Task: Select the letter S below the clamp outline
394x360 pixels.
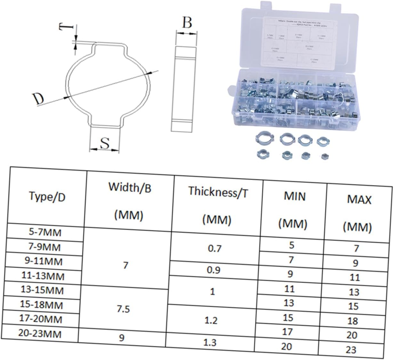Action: pyautogui.click(x=105, y=144)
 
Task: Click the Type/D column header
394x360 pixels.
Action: pyautogui.click(x=47, y=197)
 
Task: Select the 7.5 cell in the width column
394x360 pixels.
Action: pyautogui.click(x=124, y=309)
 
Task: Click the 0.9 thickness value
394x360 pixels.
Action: pyautogui.click(x=213, y=270)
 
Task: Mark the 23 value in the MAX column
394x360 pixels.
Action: pyautogui.click(x=351, y=349)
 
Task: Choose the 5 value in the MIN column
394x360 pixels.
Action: pyautogui.click(x=292, y=245)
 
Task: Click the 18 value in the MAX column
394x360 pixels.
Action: pyautogui.click(x=352, y=321)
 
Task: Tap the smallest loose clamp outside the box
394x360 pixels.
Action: pyautogui.click(x=325, y=156)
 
